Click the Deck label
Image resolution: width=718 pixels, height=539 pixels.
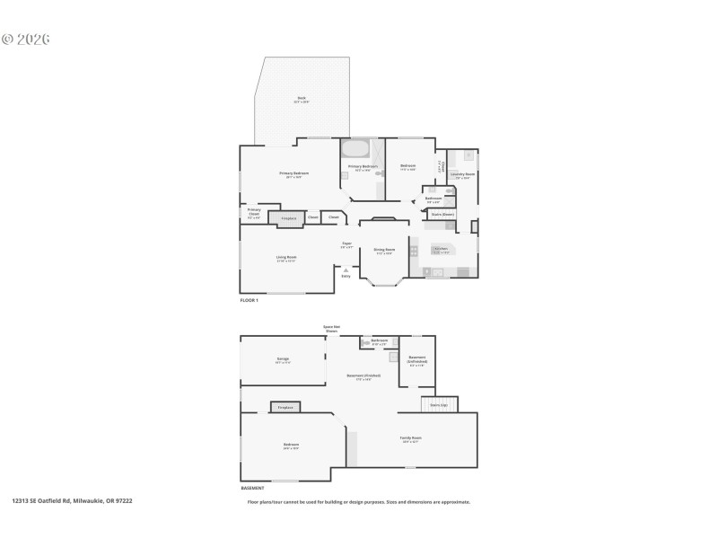coord(302,100)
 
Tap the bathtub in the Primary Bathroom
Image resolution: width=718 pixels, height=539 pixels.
coord(355,149)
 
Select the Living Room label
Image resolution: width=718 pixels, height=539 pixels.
coord(286,259)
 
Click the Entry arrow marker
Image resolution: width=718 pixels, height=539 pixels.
coord(346,269)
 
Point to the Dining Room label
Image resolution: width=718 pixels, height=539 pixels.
coord(384,252)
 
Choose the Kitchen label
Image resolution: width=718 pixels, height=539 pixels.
coord(441,250)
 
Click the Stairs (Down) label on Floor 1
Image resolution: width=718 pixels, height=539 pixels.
coord(442,215)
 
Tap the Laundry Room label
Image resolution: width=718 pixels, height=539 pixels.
coord(463,175)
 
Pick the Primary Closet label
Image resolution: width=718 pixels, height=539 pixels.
coord(254,212)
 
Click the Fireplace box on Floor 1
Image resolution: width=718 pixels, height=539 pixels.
coord(288,218)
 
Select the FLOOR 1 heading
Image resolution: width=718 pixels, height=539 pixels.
coord(249,300)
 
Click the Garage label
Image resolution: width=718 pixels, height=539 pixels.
coord(283,360)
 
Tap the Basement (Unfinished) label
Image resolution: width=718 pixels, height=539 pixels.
coord(417,359)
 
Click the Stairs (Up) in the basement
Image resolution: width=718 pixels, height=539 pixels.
coord(439,405)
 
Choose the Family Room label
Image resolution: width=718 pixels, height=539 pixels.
coord(411,439)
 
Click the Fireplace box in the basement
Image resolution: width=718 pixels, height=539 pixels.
coord(285,408)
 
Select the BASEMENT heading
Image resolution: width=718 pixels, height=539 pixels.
coord(252,488)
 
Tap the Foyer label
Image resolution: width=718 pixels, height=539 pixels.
coord(346,245)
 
